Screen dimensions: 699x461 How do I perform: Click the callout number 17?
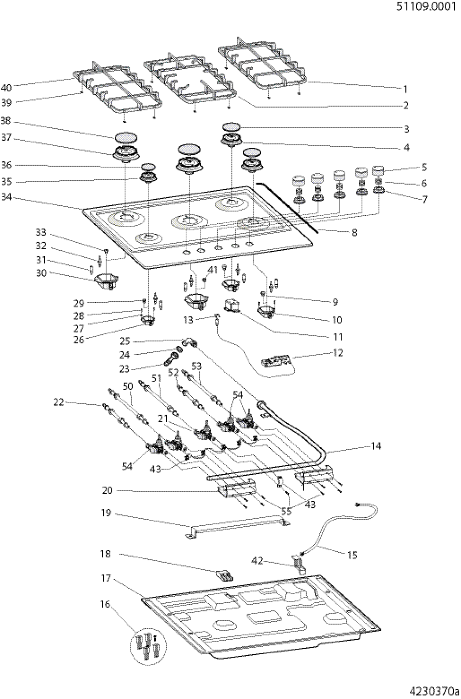coord(106,578)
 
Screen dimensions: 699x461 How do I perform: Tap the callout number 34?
coord(6,198)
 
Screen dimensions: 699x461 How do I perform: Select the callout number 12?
coord(337,353)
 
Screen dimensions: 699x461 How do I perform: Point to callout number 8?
coord(355,232)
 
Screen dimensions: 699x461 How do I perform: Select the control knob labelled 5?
coord(378,171)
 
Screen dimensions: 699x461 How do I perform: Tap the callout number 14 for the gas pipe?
coord(376,446)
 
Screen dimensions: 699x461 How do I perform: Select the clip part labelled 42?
coord(299,563)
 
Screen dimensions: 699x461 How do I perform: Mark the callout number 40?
coord(6,88)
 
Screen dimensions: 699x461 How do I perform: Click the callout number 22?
coord(59,402)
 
